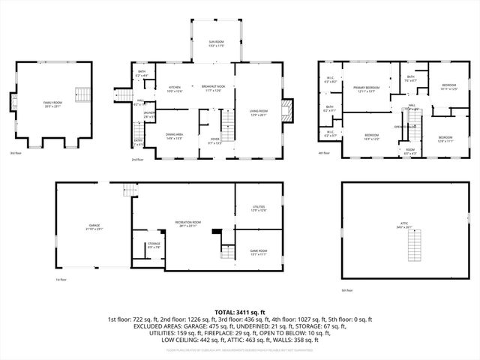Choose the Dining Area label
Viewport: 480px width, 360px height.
click(x=175, y=136)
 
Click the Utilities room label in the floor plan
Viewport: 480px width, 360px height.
click(x=258, y=209)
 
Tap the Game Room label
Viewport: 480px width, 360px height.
click(x=258, y=252)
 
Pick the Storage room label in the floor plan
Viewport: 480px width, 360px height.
click(x=154, y=245)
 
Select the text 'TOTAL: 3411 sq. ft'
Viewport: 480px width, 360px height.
click(x=240, y=312)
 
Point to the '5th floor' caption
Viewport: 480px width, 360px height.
click(x=346, y=290)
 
